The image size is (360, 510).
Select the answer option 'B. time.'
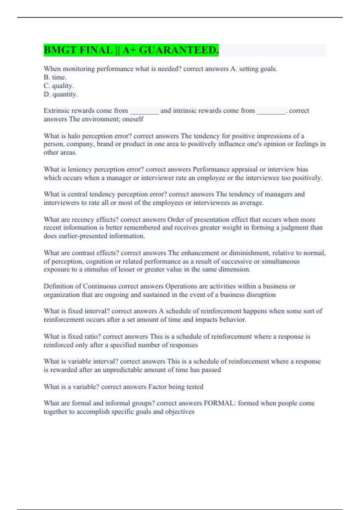(55, 77)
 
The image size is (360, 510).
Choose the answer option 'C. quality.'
(59, 86)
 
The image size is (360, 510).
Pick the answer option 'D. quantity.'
(61, 94)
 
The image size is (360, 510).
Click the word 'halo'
(74, 136)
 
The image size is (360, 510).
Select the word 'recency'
(83, 219)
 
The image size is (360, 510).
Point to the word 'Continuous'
(100, 286)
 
